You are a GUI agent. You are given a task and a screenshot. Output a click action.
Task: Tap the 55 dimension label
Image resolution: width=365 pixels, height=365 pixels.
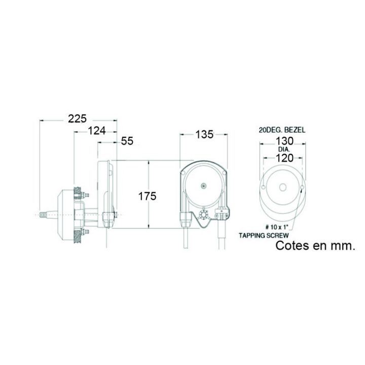click(x=127, y=141)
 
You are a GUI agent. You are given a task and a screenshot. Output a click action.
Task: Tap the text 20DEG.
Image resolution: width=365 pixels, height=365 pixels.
click(x=269, y=130)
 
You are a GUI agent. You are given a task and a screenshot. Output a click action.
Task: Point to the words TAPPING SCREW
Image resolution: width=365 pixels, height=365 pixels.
click(x=264, y=235)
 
